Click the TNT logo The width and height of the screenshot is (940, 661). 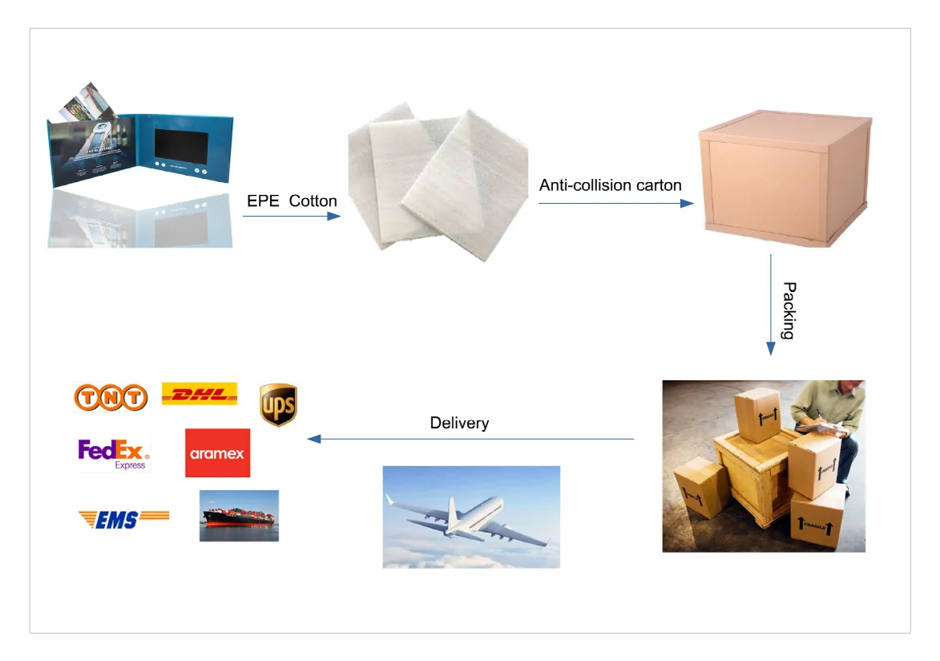pyautogui.click(x=111, y=397)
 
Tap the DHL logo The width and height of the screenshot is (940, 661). pyautogui.click(x=200, y=393)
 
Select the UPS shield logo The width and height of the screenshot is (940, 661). pyautogui.click(x=278, y=404)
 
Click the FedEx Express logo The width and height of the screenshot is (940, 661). pyautogui.click(x=113, y=454)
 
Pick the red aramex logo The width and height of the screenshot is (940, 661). pyautogui.click(x=217, y=453)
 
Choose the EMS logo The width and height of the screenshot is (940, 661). pyautogui.click(x=123, y=519)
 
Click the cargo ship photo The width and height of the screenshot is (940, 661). pyautogui.click(x=239, y=516)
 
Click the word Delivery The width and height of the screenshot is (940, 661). pyautogui.click(x=459, y=423)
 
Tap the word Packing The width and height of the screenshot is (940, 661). pyautogui.click(x=788, y=310)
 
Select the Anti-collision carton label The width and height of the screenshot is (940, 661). pyautogui.click(x=610, y=185)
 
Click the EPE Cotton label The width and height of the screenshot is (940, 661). pyautogui.click(x=292, y=201)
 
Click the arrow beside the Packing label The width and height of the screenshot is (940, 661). pyautogui.click(x=771, y=305)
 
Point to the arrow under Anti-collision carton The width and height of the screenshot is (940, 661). pyautogui.click(x=615, y=204)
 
